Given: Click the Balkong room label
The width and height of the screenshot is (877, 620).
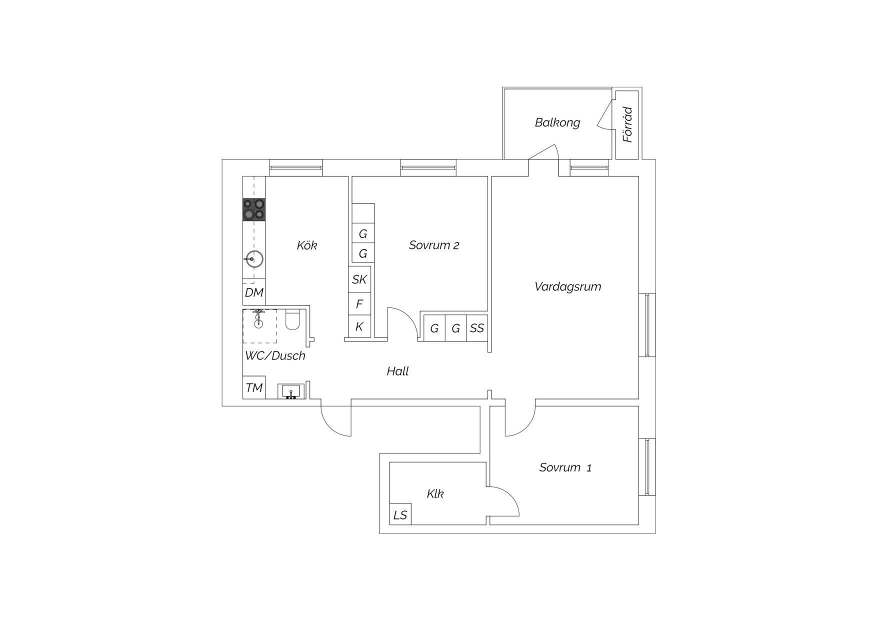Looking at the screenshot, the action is point(557,122).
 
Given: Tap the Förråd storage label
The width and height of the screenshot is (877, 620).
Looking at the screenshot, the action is point(627,124).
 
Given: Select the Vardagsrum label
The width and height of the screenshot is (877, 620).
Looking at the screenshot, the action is point(567,287).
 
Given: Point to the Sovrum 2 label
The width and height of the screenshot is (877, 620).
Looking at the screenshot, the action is point(434,245).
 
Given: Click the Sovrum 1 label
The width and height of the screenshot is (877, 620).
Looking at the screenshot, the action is point(565,467).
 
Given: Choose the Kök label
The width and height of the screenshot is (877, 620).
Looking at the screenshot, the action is point(306,245).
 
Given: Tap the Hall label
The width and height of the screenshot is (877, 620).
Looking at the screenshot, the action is point(397,371).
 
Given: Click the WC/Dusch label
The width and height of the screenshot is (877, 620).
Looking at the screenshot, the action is point(275,355).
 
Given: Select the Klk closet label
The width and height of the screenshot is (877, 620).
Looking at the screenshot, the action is point(435,494).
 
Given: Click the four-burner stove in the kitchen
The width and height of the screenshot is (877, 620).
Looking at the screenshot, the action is point(254,209).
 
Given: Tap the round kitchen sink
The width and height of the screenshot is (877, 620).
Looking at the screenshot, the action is point(254,259).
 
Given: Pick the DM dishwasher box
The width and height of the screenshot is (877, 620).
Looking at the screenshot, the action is point(254,292).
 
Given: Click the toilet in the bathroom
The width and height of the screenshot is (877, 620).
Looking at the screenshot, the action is point(292,320).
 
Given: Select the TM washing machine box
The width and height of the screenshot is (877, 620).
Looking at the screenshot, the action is point(254,387).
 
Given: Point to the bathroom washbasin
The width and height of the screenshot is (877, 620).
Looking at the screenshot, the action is point(291,391).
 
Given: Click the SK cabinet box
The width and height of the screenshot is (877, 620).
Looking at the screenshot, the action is point(359,279).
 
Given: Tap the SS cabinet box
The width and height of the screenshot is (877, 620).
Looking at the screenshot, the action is point(477,328).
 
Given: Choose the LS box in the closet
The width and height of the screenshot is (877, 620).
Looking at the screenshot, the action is point(400,514).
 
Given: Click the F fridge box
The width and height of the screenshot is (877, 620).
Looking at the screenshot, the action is point(359,304).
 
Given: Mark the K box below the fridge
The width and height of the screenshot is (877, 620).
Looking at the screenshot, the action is point(359,327).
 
